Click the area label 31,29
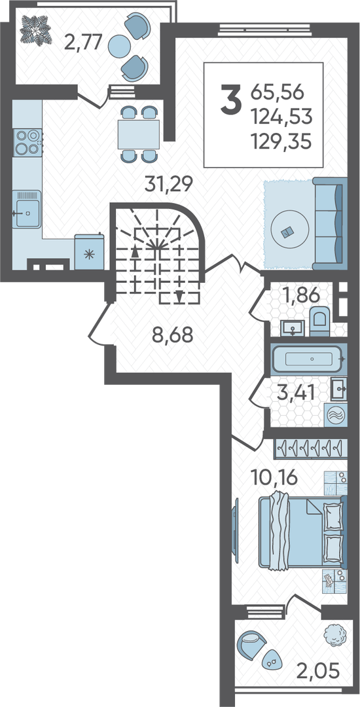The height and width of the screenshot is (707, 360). coord(168,183)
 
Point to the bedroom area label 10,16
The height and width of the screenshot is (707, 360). coord(274,478)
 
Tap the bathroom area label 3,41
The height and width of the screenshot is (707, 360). coord(296,393)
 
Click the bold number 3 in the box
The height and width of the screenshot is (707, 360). coord(230,100)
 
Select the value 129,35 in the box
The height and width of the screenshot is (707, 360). coord(282,143)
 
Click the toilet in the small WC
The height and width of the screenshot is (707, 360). coord(320,321)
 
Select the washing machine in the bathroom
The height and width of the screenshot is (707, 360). coord(335,414)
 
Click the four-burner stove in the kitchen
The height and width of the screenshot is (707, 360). coord(27,142)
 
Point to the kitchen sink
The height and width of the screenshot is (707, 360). coord(27,209)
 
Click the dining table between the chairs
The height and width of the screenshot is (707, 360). coord(138,134)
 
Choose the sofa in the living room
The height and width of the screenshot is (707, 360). coord(331,224)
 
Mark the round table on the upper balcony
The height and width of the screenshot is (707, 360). coord(120,45)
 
